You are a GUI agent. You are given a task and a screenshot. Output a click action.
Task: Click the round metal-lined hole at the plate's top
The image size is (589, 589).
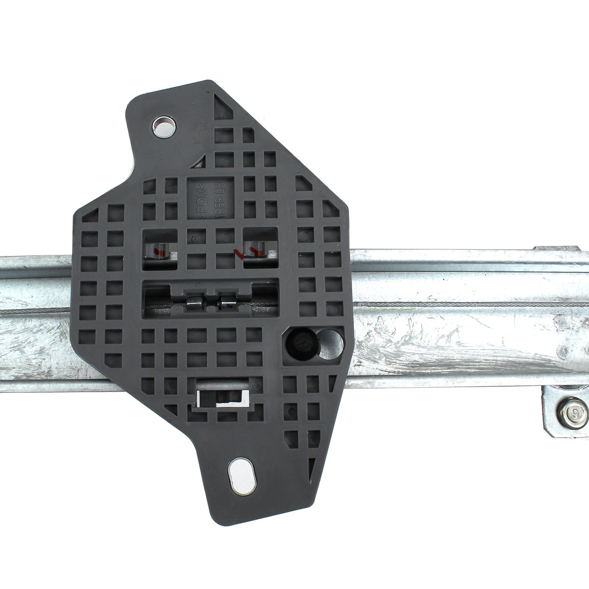[163, 127]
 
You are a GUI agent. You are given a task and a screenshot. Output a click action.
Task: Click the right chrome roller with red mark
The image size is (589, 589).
[256, 252]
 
